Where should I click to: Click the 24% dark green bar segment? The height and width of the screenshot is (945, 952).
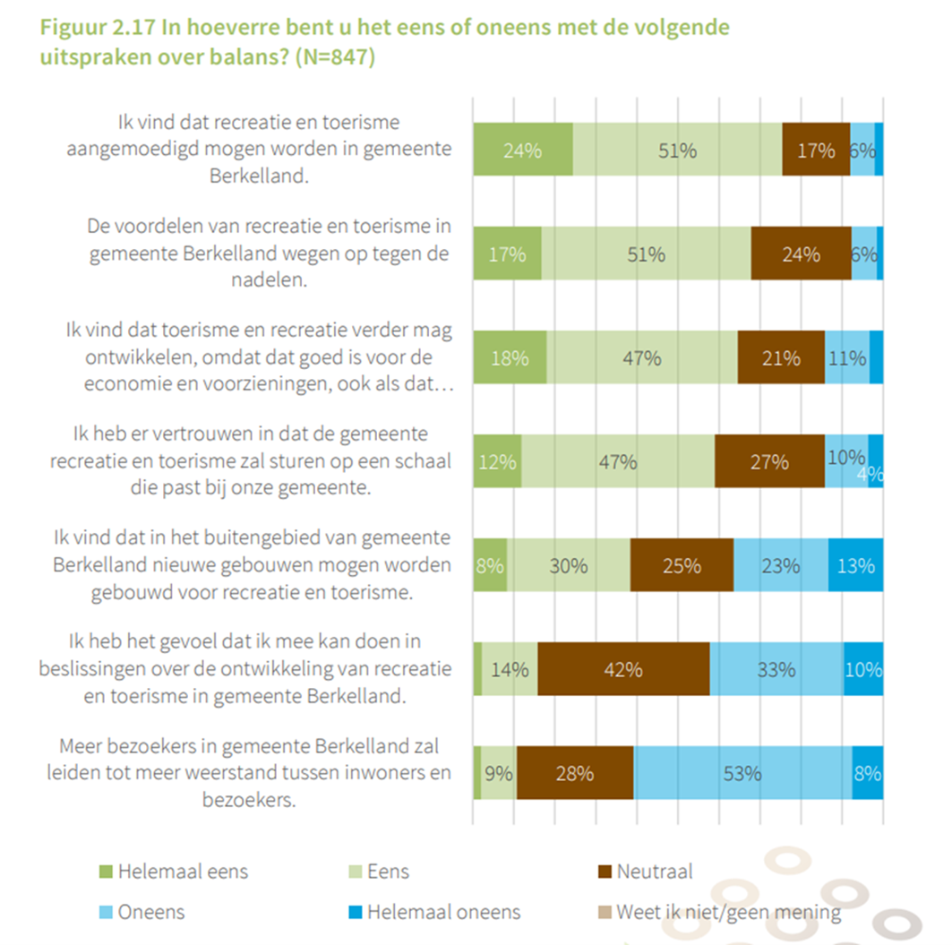click(x=523, y=150)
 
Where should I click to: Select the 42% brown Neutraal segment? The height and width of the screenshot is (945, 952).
click(x=623, y=669)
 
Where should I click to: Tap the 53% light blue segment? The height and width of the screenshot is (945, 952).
click(x=742, y=773)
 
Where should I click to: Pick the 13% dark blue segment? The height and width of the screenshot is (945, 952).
click(x=855, y=565)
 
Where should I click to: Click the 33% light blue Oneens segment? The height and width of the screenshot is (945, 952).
click(x=776, y=669)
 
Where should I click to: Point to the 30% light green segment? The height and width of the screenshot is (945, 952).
click(x=569, y=565)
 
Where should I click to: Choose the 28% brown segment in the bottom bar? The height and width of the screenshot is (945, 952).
click(x=575, y=773)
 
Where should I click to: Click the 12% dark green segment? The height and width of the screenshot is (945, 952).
click(x=497, y=461)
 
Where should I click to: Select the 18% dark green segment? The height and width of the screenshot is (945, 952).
click(x=510, y=357)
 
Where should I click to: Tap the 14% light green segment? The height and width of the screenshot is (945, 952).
click(x=510, y=669)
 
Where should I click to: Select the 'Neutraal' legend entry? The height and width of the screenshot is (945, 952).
click(x=646, y=871)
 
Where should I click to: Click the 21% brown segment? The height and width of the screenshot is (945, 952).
click(x=781, y=357)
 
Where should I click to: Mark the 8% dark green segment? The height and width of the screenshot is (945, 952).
click(x=490, y=565)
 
